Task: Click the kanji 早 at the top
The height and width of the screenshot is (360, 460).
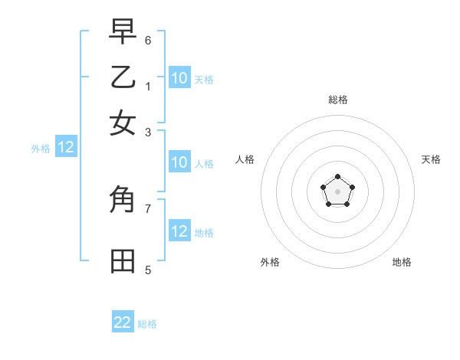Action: (123, 31)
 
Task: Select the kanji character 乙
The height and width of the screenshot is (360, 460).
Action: (123, 77)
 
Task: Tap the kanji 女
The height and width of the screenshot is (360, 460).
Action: (123, 123)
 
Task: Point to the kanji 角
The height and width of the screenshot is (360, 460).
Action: (123, 200)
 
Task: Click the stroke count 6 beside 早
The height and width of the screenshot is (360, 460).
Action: (148, 39)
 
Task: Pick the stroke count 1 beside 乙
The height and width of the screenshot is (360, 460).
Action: (148, 86)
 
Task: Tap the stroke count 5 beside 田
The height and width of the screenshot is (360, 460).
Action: (148, 270)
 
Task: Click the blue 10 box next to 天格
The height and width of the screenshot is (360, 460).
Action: (179, 77)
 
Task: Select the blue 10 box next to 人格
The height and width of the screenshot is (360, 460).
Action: (179, 162)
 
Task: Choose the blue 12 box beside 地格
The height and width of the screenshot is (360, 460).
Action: (179, 231)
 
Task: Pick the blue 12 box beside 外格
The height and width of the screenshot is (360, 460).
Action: (66, 148)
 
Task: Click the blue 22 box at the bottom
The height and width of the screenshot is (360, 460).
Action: (123, 322)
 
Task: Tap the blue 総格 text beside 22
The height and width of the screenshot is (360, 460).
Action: (147, 324)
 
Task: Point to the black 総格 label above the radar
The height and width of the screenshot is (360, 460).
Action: (338, 100)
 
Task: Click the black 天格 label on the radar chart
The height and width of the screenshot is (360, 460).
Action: (431, 159)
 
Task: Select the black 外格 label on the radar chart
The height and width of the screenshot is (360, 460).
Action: (270, 262)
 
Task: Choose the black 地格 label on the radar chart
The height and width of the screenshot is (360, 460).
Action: (402, 262)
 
